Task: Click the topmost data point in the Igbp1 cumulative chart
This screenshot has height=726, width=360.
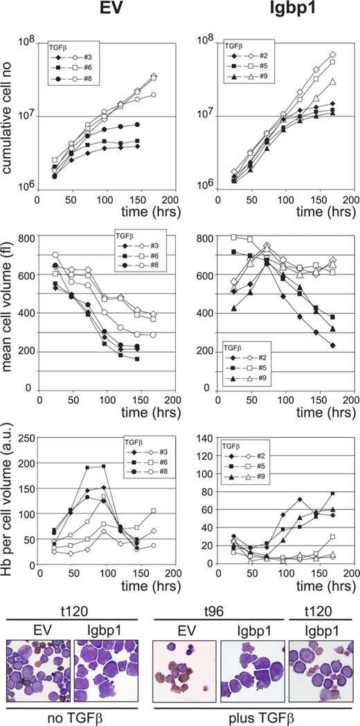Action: point(333,54)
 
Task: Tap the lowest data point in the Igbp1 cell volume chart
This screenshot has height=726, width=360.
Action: point(333,345)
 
